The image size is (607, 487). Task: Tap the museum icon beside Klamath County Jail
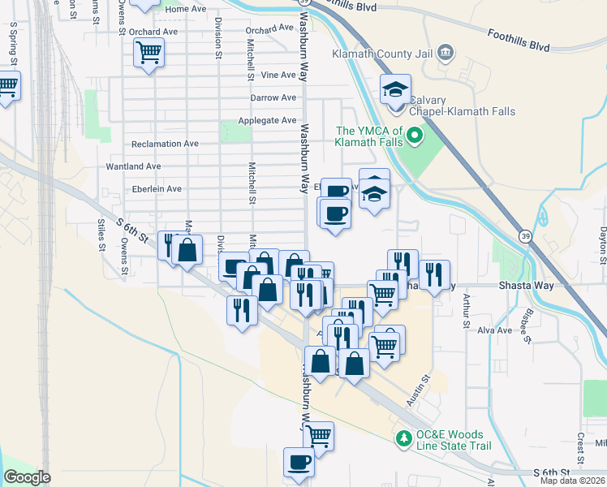(x=445, y=54)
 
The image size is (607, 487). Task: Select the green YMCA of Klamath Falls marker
(x=415, y=135)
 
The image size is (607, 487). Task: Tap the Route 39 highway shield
(x=524, y=235)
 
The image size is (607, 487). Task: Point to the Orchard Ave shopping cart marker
(x=149, y=53)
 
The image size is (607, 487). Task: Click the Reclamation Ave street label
(x=165, y=144)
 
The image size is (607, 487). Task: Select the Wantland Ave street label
(x=133, y=166)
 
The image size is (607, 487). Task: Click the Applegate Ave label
(x=267, y=120)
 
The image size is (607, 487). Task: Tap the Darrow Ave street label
(x=273, y=97)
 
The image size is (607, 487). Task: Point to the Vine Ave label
(x=279, y=75)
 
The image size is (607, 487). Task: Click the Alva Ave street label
(x=495, y=330)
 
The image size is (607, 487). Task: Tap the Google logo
(x=27, y=477)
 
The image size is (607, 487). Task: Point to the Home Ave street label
(x=186, y=9)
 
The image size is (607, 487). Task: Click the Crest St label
(x=582, y=444)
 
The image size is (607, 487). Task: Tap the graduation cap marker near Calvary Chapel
(x=396, y=88)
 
